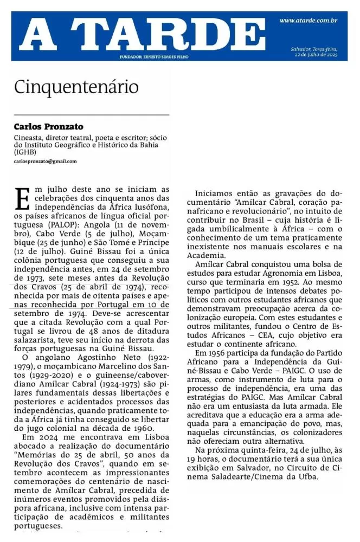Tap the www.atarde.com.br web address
tap(308, 21)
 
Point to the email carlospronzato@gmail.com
tap(46, 162)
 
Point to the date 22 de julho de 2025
tap(316, 55)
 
